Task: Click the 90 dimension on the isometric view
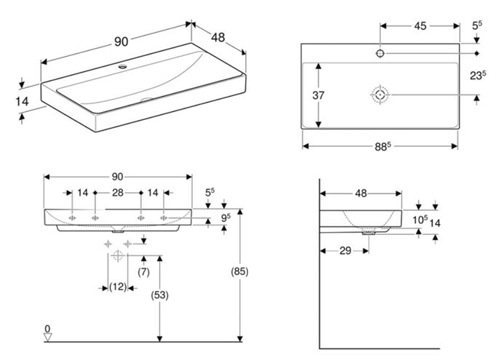click(x=121, y=41)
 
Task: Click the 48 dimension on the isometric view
click(x=218, y=37)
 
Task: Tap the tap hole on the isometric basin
click(x=122, y=66)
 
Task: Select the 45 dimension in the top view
click(x=420, y=25)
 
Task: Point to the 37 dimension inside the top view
click(x=319, y=95)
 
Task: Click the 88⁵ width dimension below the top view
click(x=382, y=147)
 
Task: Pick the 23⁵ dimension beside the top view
click(x=478, y=76)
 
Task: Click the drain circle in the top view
click(x=380, y=95)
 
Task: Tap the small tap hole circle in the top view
click(x=380, y=53)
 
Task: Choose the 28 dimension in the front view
click(x=118, y=193)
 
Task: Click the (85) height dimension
click(x=239, y=271)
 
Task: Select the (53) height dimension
click(x=160, y=295)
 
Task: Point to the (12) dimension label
click(x=118, y=287)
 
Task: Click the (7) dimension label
click(x=144, y=272)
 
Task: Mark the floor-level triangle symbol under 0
click(x=48, y=337)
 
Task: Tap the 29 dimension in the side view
click(x=346, y=251)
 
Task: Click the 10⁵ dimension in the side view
click(x=420, y=220)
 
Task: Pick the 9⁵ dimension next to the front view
click(x=225, y=217)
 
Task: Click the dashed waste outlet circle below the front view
click(x=118, y=255)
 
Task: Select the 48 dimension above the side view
click(x=361, y=193)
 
